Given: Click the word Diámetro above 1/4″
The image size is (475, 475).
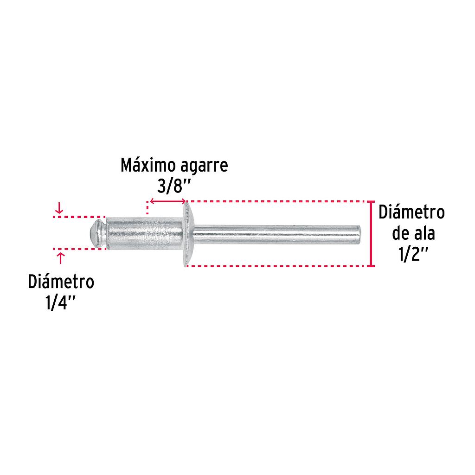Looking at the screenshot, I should (x=61, y=282).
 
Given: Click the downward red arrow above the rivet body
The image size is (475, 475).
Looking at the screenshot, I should (x=59, y=209).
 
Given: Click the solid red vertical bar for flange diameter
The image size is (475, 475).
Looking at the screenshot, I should (x=371, y=234).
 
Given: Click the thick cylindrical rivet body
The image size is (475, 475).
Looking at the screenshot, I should (x=144, y=233).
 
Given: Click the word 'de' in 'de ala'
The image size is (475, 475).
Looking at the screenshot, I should (x=400, y=234).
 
